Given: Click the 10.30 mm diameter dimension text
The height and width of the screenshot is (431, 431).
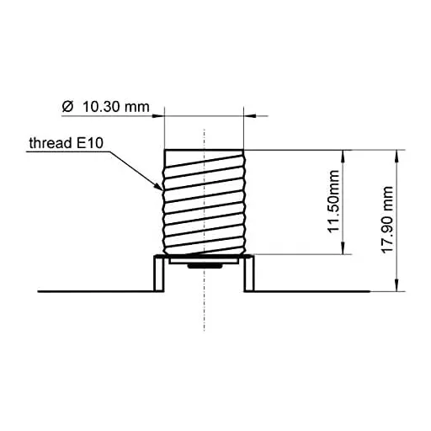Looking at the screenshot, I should [x=114, y=107].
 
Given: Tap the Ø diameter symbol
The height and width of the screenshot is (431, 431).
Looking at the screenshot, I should [x=67, y=107].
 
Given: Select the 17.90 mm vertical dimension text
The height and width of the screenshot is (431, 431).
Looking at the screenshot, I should [x=387, y=221].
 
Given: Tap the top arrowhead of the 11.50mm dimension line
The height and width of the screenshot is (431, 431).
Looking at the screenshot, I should [x=343, y=154].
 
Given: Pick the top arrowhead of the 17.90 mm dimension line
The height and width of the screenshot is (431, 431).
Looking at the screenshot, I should [x=396, y=154].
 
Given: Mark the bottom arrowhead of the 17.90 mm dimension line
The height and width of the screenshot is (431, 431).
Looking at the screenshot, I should [x=396, y=287].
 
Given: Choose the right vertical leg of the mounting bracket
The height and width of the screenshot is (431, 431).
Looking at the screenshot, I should [x=248, y=274].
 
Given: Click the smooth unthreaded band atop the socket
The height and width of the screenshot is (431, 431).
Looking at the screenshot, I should [x=204, y=157].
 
